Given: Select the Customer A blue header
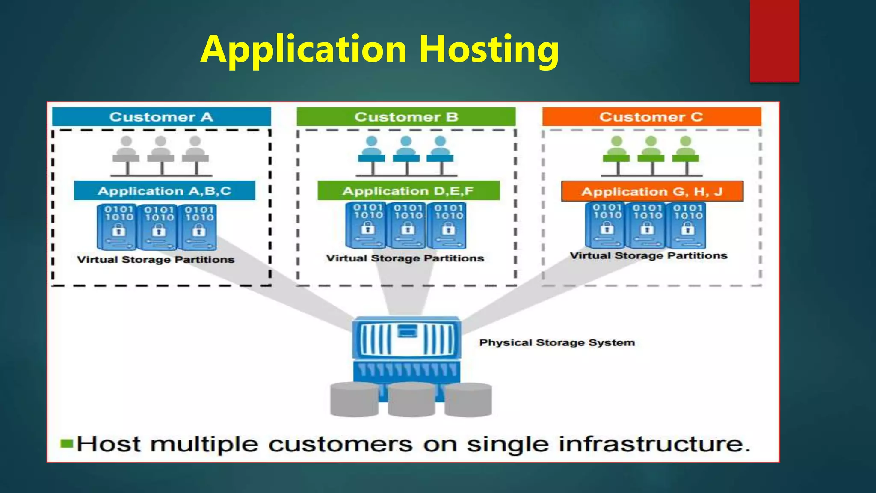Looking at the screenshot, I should tap(161, 117).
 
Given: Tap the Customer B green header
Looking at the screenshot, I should tap(406, 117).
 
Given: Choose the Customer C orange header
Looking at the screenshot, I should tap(651, 117).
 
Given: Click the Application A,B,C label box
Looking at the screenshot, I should tap(164, 191).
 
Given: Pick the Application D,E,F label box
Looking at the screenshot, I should tap(408, 191).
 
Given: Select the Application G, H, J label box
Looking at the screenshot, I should tap(652, 191).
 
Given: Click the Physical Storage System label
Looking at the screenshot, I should tap(557, 342).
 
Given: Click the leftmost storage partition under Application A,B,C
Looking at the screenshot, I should tap(117, 227).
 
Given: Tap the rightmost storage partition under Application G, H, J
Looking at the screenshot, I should tap(688, 226).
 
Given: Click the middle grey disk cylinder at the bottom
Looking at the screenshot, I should tap(411, 400).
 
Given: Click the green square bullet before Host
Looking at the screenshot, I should tap(67, 443).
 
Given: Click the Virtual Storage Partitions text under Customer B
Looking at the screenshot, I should tap(405, 258).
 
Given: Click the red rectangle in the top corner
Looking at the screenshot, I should tap(774, 41).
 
